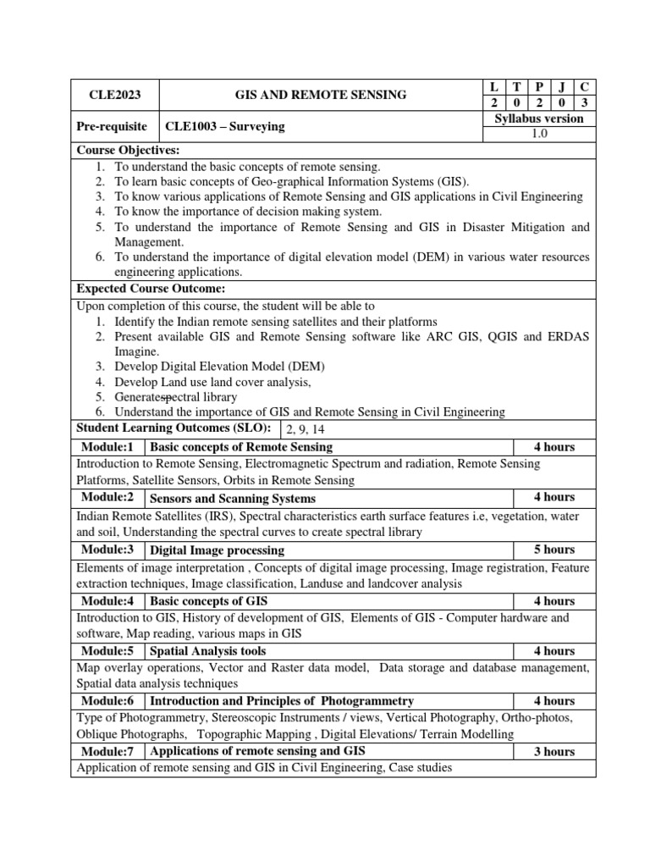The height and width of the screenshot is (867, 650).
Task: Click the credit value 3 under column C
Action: pyautogui.click(x=583, y=103)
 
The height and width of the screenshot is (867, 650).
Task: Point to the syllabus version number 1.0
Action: pyautogui.click(x=538, y=135)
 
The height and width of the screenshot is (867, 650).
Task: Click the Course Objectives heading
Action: pyautogui.click(x=122, y=150)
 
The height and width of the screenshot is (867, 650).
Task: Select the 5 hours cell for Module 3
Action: pyautogui.click(x=554, y=549)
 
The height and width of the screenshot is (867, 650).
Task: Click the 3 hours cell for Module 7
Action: pyautogui.click(x=554, y=751)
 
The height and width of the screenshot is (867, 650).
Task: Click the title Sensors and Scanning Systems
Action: pyautogui.click(x=232, y=498)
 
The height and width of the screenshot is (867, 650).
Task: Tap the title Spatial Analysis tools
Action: pyautogui.click(x=207, y=651)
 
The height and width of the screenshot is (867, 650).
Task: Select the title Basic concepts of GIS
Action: pyautogui.click(x=208, y=601)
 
